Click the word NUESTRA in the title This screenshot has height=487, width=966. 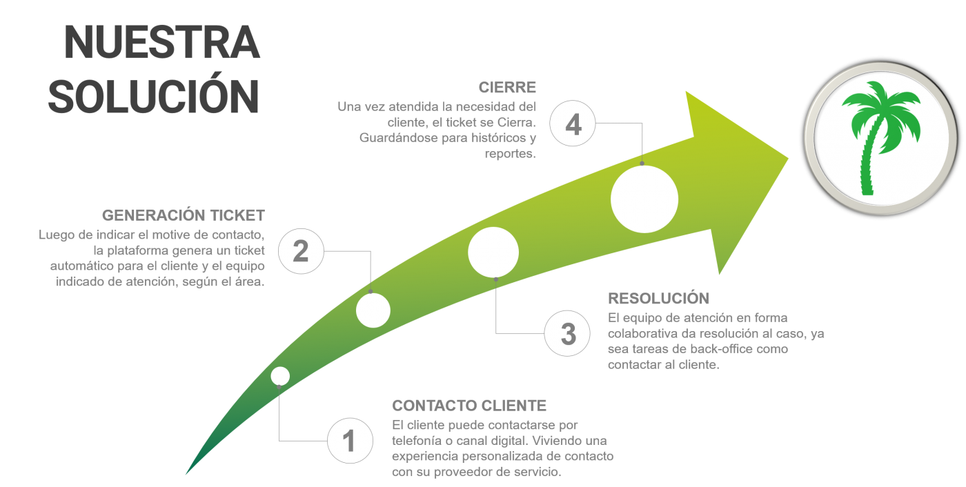(x=161, y=42)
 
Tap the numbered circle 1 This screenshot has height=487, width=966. (x=351, y=441)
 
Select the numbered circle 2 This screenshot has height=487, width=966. (x=301, y=251)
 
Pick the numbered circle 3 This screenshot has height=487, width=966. (x=567, y=333)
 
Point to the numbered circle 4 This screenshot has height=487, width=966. (x=573, y=123)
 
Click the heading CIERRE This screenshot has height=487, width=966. (x=507, y=88)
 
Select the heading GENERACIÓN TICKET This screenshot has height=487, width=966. (x=184, y=215)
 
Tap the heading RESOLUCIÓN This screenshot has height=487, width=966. (x=658, y=298)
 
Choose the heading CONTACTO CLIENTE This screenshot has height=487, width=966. (x=469, y=406)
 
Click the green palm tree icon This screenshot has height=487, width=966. (x=881, y=138)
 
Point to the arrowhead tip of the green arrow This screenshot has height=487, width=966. (x=788, y=159)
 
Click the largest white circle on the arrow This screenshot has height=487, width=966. (x=644, y=199)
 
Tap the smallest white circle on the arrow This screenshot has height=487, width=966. (x=280, y=376)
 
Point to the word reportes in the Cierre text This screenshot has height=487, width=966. (x=510, y=154)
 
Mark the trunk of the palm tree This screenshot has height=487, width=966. (x=869, y=159)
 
